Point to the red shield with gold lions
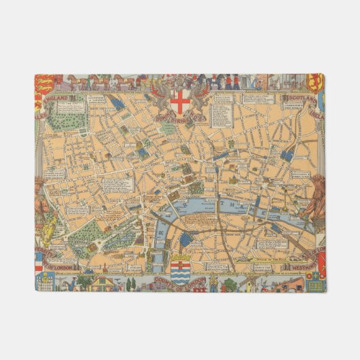point(43,85)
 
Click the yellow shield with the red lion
point(316,82)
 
